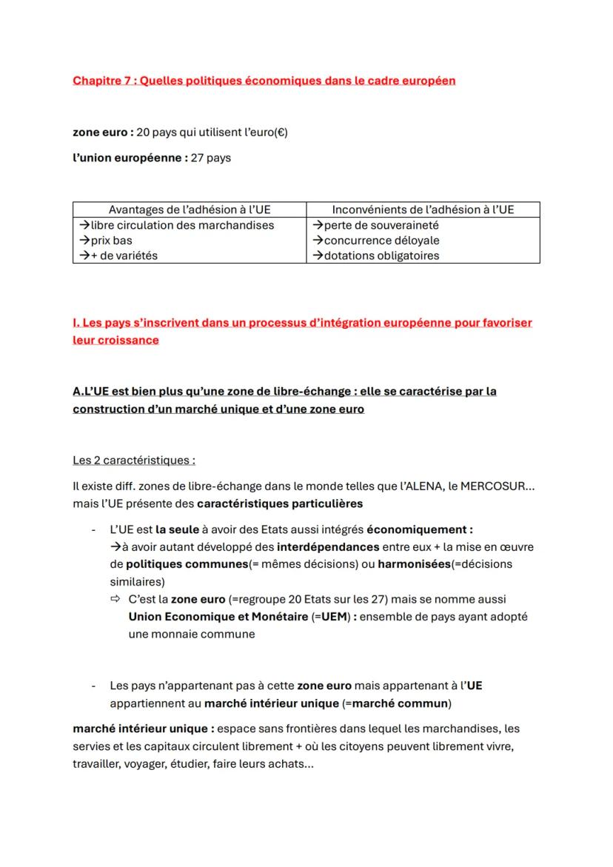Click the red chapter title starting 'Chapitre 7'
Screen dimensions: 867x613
click(x=264, y=81)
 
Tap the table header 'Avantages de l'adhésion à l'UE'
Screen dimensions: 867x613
click(x=190, y=210)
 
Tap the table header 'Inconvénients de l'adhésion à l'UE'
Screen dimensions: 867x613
click(x=423, y=210)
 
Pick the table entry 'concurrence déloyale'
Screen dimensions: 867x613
click(x=381, y=241)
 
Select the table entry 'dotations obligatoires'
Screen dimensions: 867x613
click(x=381, y=256)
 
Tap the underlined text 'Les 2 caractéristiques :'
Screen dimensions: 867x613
click(x=134, y=461)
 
